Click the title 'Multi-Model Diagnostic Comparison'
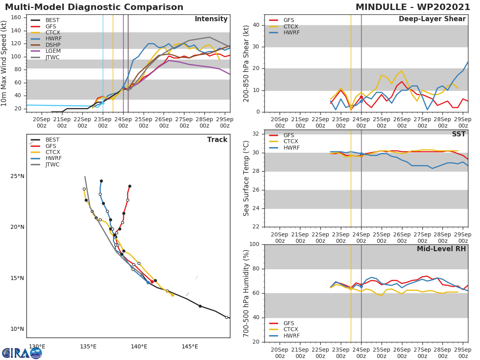pos(94,7)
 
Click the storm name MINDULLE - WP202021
pos(413,7)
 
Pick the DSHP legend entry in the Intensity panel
pos(53,45)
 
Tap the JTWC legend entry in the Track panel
pos(52,164)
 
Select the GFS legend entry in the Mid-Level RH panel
pos(291,323)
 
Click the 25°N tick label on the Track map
pos(17,176)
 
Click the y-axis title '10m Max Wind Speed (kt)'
pos(4,63)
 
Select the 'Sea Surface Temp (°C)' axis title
pos(246,178)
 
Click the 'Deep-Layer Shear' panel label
pos(432,19)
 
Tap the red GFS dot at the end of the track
pos(130,186)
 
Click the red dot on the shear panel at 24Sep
pos(361,97)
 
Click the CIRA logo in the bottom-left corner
pos(22,352)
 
